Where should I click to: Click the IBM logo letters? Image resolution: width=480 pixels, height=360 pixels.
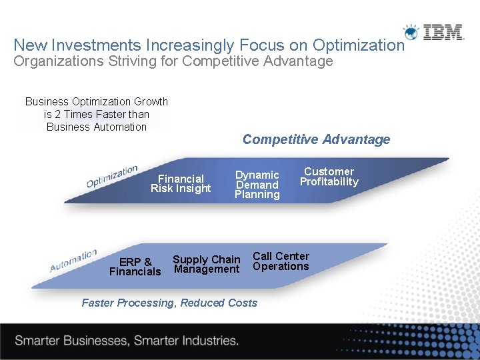[444, 32]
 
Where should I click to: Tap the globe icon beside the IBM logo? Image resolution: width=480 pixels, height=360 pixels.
[412, 32]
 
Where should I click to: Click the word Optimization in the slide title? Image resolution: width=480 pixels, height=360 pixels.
[358, 45]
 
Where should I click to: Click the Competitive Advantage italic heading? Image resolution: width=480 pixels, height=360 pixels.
[316, 139]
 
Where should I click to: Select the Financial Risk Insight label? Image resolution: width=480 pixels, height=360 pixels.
[181, 183]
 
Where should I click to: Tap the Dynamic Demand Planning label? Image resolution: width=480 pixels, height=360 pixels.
[257, 185]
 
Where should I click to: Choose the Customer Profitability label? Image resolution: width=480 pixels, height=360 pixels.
[329, 177]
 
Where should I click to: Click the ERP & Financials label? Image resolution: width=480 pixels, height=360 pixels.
[135, 267]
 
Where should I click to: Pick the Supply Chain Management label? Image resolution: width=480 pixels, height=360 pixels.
[206, 264]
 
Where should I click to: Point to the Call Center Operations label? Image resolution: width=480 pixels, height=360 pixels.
[281, 261]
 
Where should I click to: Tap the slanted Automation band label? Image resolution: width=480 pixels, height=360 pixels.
[73, 261]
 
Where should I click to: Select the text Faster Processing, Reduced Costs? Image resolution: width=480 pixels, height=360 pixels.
[169, 303]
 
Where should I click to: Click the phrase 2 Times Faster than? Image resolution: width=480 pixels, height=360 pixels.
[97, 114]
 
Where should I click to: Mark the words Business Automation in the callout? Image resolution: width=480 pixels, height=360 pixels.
[97, 127]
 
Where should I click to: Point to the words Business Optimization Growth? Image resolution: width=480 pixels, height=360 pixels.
[97, 101]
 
